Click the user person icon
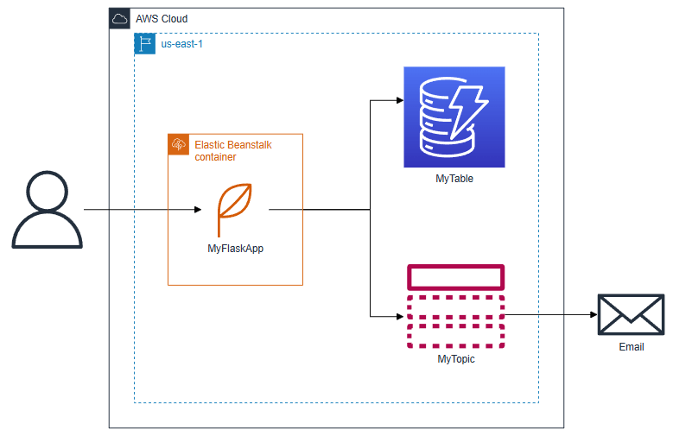tap(48, 210)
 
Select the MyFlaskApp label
tap(235, 249)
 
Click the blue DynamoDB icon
tap(454, 117)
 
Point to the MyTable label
tap(454, 179)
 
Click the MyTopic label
tap(455, 358)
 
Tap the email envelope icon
tap(631, 314)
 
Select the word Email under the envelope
tap(632, 347)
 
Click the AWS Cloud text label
tap(162, 19)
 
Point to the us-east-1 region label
tap(182, 43)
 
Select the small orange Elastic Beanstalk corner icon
tap(179, 145)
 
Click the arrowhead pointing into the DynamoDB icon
tap(399, 101)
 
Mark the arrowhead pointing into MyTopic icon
tap(399, 317)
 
